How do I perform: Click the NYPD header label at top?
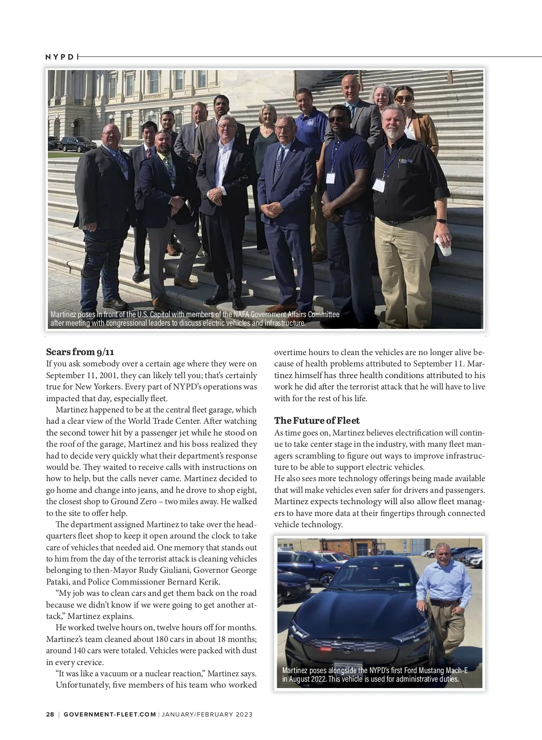click(59, 57)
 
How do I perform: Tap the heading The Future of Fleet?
click(317, 421)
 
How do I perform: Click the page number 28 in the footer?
click(50, 714)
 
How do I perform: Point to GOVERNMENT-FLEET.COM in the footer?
click(110, 714)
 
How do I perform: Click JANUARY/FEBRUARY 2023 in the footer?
click(207, 714)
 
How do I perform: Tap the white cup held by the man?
click(446, 246)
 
